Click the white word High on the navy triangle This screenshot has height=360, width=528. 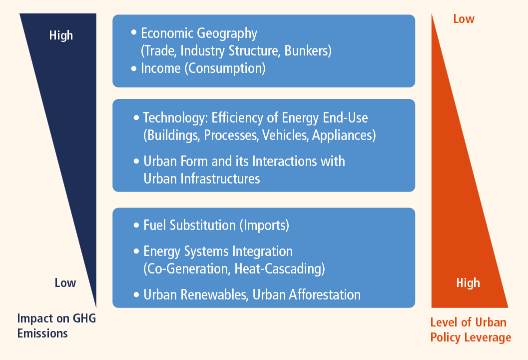point(61,35)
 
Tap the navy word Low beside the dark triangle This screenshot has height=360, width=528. point(65,283)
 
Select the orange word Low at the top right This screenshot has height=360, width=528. point(464,19)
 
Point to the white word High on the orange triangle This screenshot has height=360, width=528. point(468,282)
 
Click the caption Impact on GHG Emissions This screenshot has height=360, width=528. point(56,325)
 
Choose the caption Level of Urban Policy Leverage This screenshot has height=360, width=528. point(471,329)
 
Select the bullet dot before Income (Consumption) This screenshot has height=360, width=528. point(134,68)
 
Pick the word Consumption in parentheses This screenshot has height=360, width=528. point(225,68)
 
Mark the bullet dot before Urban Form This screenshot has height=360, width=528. point(136,161)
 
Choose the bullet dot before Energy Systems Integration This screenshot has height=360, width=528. point(136,251)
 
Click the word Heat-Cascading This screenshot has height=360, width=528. point(278,269)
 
